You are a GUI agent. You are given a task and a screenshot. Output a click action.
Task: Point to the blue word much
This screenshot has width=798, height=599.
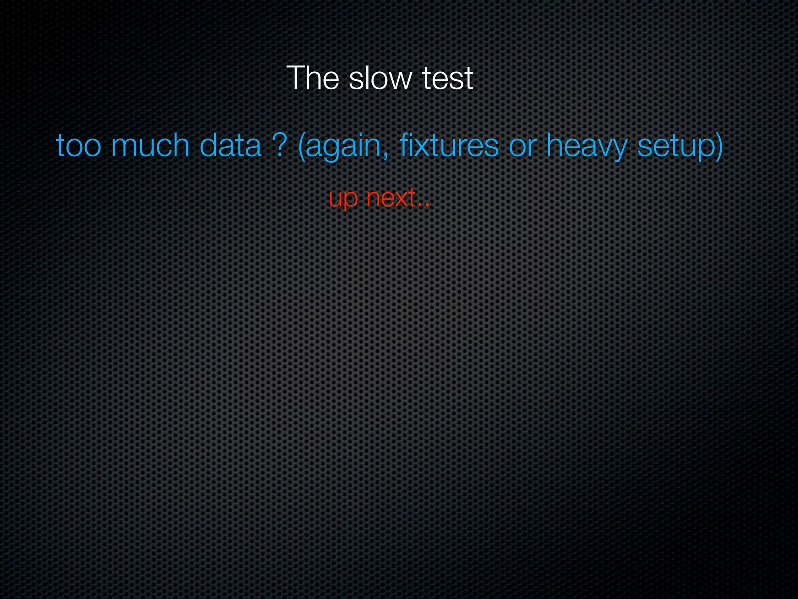150,145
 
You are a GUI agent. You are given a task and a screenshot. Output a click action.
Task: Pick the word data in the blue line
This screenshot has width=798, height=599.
230,145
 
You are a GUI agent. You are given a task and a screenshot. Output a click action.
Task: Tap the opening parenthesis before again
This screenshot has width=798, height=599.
301,146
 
